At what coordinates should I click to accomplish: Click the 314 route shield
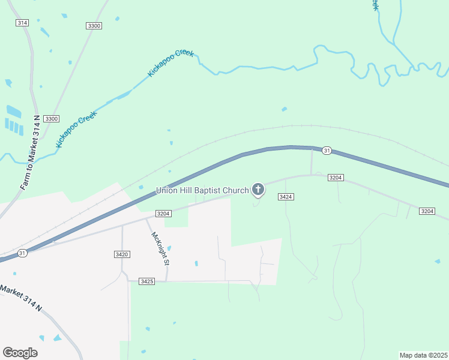(22, 22)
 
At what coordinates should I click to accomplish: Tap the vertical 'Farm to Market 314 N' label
(30, 152)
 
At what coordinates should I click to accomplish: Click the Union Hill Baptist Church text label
(202, 191)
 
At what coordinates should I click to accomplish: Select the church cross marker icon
(258, 191)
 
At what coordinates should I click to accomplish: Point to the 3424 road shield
(286, 197)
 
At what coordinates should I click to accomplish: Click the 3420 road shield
(122, 254)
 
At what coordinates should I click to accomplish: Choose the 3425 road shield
(147, 281)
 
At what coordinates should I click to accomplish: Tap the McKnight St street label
(161, 248)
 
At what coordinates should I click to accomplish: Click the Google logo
(20, 352)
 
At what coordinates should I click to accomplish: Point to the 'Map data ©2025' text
(423, 355)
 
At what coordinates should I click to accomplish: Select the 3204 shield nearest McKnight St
(164, 214)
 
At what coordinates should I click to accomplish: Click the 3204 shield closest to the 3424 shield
(336, 178)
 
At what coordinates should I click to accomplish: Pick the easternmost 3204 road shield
(427, 211)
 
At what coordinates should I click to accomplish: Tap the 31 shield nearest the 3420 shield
(22, 253)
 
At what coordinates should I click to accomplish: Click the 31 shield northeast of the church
(326, 150)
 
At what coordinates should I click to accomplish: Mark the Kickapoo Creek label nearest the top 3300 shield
(171, 62)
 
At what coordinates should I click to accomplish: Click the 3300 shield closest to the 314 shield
(94, 26)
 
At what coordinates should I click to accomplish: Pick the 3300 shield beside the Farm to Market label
(52, 119)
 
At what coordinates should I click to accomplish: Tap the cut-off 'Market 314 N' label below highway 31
(21, 298)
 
